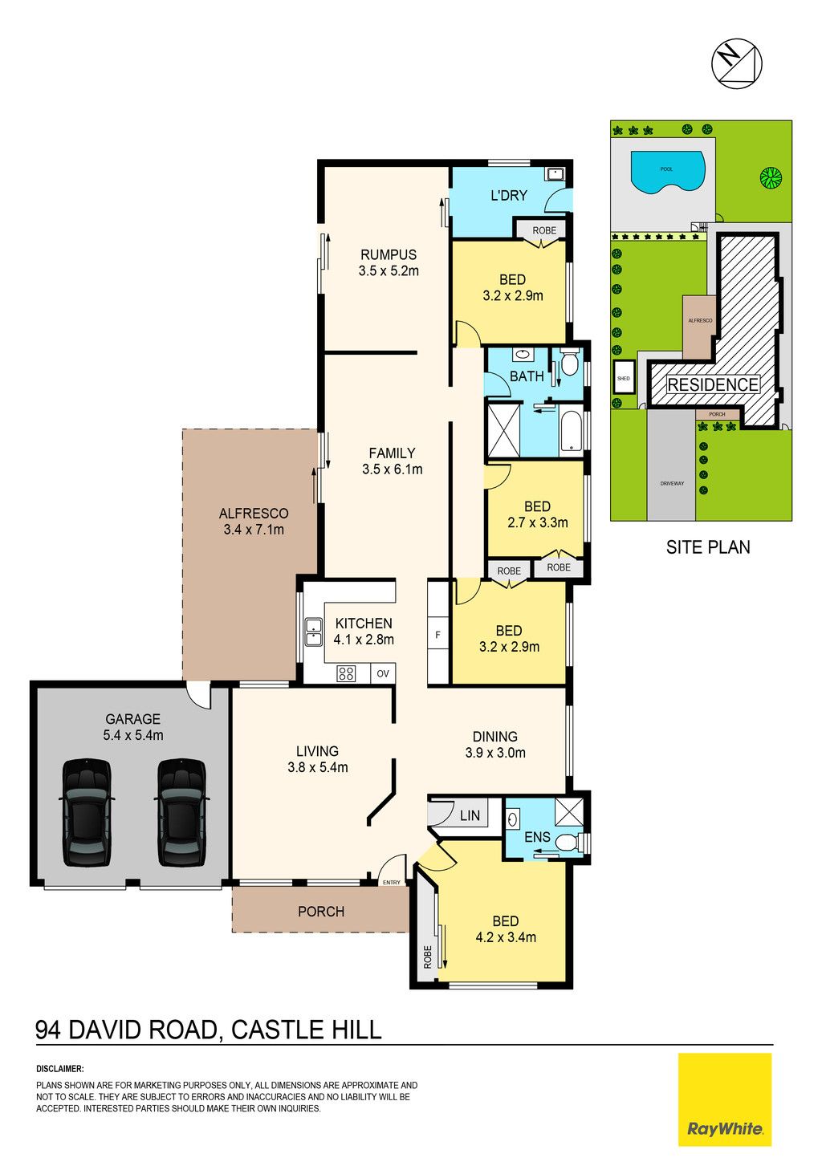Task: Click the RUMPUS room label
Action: point(389,254)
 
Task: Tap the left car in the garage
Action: point(87,813)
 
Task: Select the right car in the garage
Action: point(181,813)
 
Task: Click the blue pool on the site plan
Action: point(668,173)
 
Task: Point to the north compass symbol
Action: point(736,63)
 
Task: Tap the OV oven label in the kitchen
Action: point(383,673)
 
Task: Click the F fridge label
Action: point(437,635)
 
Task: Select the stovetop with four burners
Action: point(346,673)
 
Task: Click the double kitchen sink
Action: point(313,632)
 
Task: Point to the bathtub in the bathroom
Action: point(572,432)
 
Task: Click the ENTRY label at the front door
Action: point(392,883)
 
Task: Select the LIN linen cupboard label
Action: point(470,815)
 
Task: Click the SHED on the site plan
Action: point(623,379)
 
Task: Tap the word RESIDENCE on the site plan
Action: point(713,385)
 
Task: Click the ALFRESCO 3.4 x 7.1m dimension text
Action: point(254,530)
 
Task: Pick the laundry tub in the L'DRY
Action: point(555,173)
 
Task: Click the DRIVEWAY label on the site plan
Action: point(672,483)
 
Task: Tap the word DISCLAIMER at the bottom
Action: point(59,1069)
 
